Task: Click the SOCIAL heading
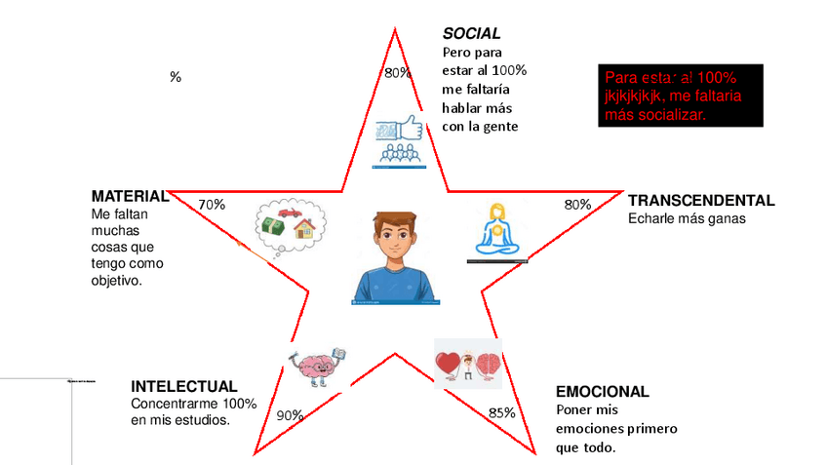click(471, 34)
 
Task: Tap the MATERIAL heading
click(130, 196)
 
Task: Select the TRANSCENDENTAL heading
click(700, 201)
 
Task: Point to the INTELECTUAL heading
click(183, 386)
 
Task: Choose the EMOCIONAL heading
click(602, 392)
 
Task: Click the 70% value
click(212, 205)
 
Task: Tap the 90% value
click(290, 415)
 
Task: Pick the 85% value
click(502, 412)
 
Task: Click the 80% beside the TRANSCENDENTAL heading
click(578, 205)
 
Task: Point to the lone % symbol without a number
click(176, 77)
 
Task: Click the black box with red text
click(679, 96)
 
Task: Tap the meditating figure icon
click(497, 232)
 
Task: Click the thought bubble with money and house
click(290, 226)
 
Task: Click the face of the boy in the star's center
click(395, 238)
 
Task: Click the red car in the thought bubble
click(289, 213)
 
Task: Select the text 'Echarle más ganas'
click(687, 219)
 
